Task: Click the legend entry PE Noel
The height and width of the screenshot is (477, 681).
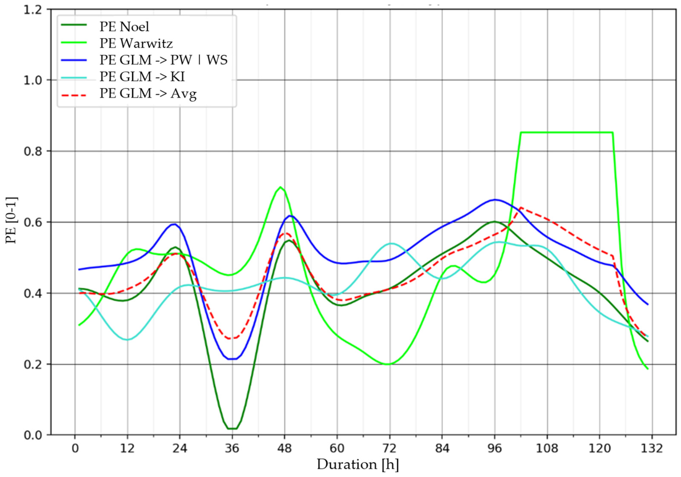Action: pos(124,27)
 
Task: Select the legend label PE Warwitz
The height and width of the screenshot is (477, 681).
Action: pos(136,44)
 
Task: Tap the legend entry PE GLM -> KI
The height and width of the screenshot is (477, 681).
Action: pos(142,77)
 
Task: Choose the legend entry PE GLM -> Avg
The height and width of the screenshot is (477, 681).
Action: pos(148,94)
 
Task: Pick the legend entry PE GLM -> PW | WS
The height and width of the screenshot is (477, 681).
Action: pos(163,60)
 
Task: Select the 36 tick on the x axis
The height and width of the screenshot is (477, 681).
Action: pos(232,449)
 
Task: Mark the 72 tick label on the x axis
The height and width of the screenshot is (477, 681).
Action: pos(389,449)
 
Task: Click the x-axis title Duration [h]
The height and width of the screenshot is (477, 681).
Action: pos(358,465)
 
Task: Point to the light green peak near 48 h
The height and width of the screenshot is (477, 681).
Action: pos(280,187)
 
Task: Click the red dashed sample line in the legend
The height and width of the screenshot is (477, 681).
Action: pos(74,95)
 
